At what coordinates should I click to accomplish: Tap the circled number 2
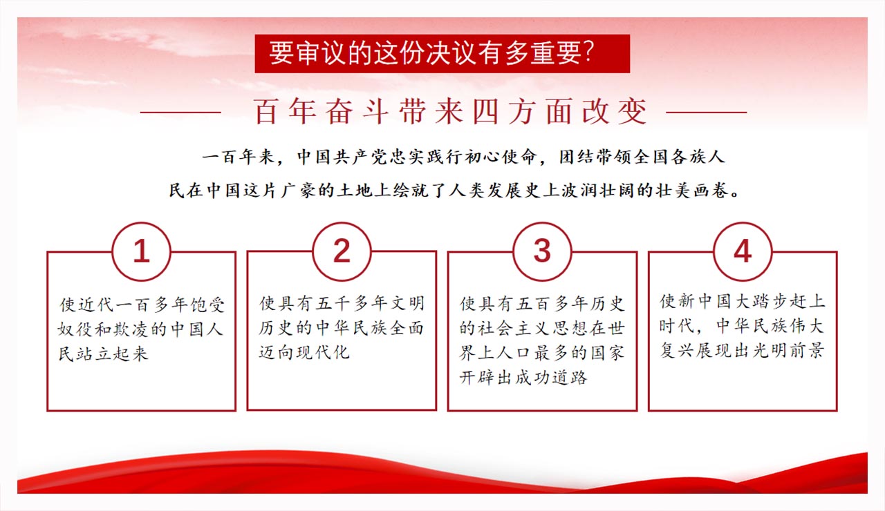coord(342,251)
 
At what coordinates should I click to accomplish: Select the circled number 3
coord(542,251)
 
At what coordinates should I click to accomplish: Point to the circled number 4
coord(743,251)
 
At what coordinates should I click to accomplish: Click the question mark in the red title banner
coord(588,52)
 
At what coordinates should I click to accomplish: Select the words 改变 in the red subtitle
coord(615,112)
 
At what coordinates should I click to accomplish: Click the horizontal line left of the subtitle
coord(180,113)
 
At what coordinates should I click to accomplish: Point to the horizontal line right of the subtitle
coord(707,113)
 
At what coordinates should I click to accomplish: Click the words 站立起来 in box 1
coord(104,354)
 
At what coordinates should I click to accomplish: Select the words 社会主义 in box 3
coord(514,328)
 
